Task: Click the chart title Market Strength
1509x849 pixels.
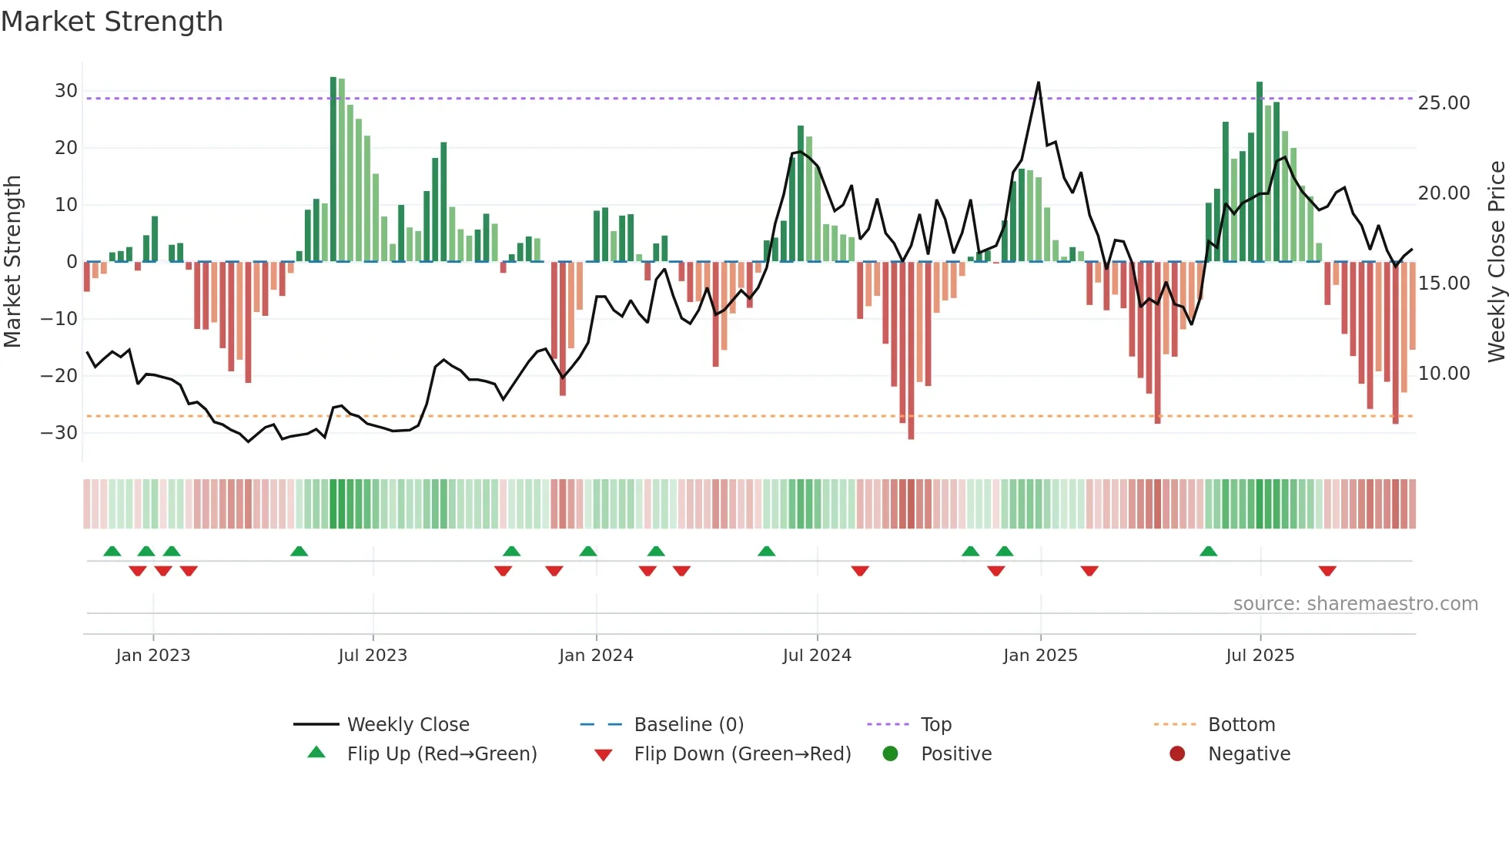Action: [x=112, y=22]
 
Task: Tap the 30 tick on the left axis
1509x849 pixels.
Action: [x=65, y=91]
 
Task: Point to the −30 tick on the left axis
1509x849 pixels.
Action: [x=59, y=433]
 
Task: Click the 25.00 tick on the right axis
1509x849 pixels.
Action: [x=1444, y=103]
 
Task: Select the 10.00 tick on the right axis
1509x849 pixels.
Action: [x=1444, y=374]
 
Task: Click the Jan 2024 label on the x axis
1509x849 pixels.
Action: [x=596, y=656]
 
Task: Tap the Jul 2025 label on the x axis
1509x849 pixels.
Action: [x=1260, y=656]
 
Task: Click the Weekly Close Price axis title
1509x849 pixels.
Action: [x=1496, y=262]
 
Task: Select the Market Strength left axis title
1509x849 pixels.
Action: [x=12, y=262]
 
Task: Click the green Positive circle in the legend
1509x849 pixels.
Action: [x=891, y=754]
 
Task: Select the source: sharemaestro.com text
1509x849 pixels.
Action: [x=1355, y=604]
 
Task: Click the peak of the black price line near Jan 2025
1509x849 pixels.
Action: [x=1039, y=82]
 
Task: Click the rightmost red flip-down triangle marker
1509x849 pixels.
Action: [x=1327, y=571]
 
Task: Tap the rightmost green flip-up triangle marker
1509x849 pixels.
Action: [x=1208, y=551]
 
